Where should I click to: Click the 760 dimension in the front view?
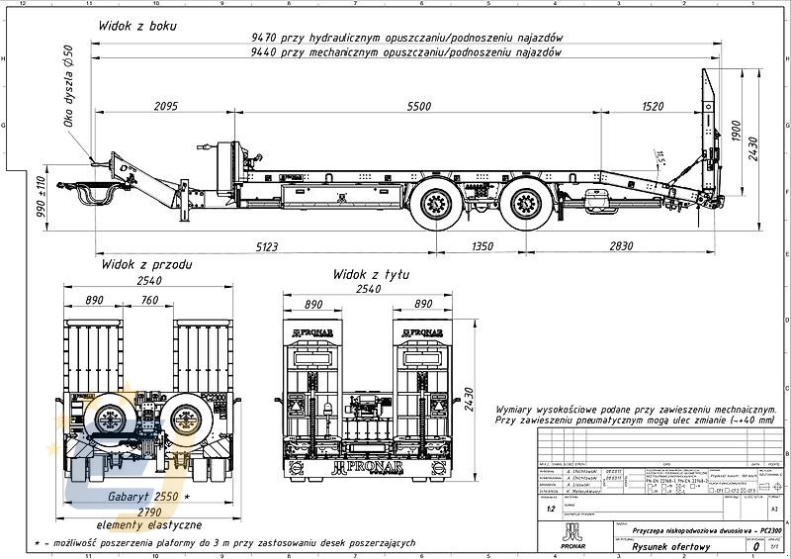click(150, 300)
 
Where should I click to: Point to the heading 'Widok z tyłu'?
click(371, 273)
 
